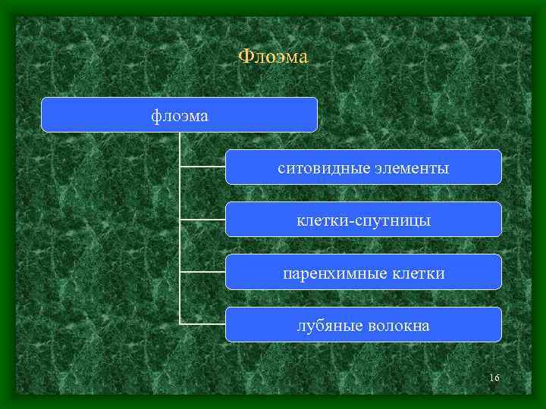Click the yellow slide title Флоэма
(273, 57)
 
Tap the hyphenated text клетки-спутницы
(363, 220)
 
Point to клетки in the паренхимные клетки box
(419, 273)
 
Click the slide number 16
(494, 378)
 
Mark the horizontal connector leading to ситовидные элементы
(202, 167)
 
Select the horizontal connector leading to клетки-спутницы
(202, 219)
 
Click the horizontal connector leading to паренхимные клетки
(202, 271)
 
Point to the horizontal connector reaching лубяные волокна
(202, 323)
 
